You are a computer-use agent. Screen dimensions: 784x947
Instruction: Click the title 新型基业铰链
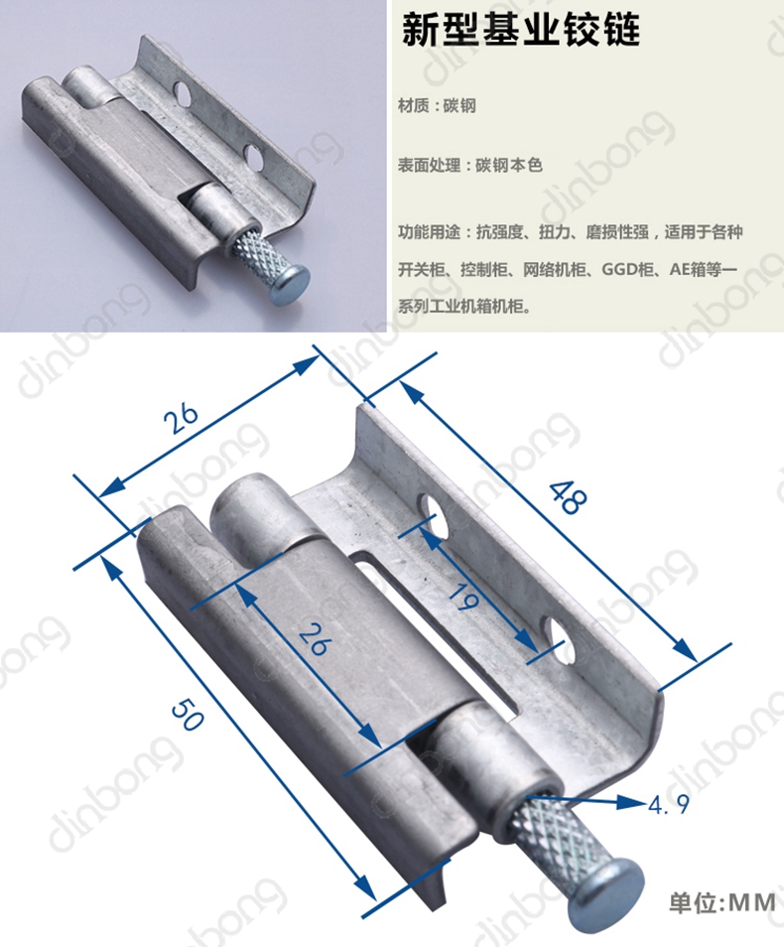(521, 30)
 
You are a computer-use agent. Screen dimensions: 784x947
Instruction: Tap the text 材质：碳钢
(437, 105)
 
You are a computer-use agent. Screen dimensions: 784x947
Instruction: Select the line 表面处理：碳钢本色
(470, 165)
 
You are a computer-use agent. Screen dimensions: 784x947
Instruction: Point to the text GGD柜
(628, 269)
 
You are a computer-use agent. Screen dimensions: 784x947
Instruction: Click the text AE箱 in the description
(689, 269)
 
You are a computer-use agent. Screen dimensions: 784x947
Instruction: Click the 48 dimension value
(568, 497)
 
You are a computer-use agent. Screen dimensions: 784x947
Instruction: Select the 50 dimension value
(188, 715)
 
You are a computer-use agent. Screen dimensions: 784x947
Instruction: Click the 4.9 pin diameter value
(669, 804)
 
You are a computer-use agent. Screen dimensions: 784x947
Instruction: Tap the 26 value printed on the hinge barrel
(315, 639)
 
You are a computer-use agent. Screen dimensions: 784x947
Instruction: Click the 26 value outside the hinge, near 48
(183, 418)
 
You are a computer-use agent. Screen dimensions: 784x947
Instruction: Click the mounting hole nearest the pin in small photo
(254, 156)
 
